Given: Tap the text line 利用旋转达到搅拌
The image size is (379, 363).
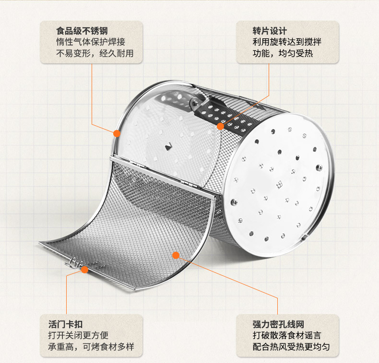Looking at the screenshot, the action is [x=287, y=42].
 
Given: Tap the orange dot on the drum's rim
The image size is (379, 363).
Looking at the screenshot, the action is [x=117, y=133].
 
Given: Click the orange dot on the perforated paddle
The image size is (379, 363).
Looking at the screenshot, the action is [x=220, y=127].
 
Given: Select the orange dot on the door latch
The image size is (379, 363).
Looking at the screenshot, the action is [x=84, y=270].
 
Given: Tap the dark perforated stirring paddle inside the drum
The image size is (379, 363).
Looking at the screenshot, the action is [x=225, y=113].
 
